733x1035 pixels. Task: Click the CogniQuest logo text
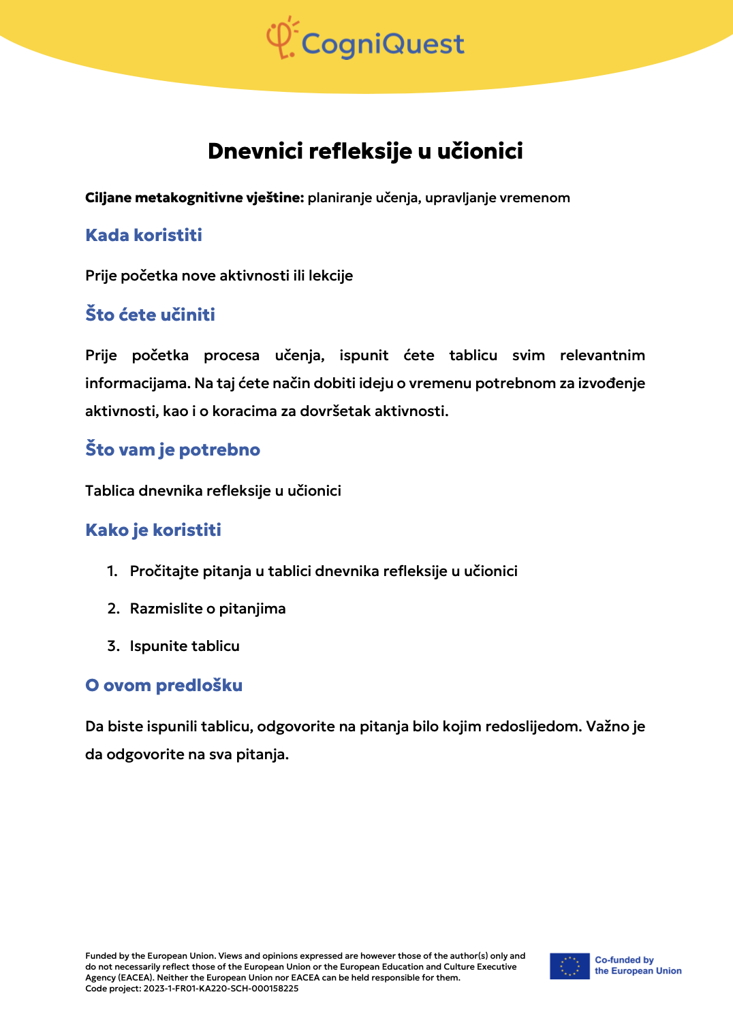click(382, 44)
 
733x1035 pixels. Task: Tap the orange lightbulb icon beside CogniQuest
click(281, 39)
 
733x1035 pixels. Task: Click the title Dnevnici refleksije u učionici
click(365, 151)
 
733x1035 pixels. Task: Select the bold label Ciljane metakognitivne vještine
click(194, 198)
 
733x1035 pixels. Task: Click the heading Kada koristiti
click(144, 236)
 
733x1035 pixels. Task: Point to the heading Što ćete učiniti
click(150, 315)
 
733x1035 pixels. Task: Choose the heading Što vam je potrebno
click(172, 450)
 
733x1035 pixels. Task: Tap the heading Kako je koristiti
click(153, 530)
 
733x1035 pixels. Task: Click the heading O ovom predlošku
click(163, 686)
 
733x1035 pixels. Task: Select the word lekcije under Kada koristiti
click(330, 276)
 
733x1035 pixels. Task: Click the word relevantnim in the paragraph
click(602, 355)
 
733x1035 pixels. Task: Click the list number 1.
click(112, 571)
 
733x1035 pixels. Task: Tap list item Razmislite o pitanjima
click(208, 609)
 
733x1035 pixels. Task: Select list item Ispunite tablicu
click(185, 646)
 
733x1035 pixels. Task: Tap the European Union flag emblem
click(570, 966)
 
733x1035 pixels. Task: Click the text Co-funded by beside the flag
click(624, 960)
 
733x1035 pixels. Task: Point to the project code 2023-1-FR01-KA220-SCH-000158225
click(221, 989)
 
